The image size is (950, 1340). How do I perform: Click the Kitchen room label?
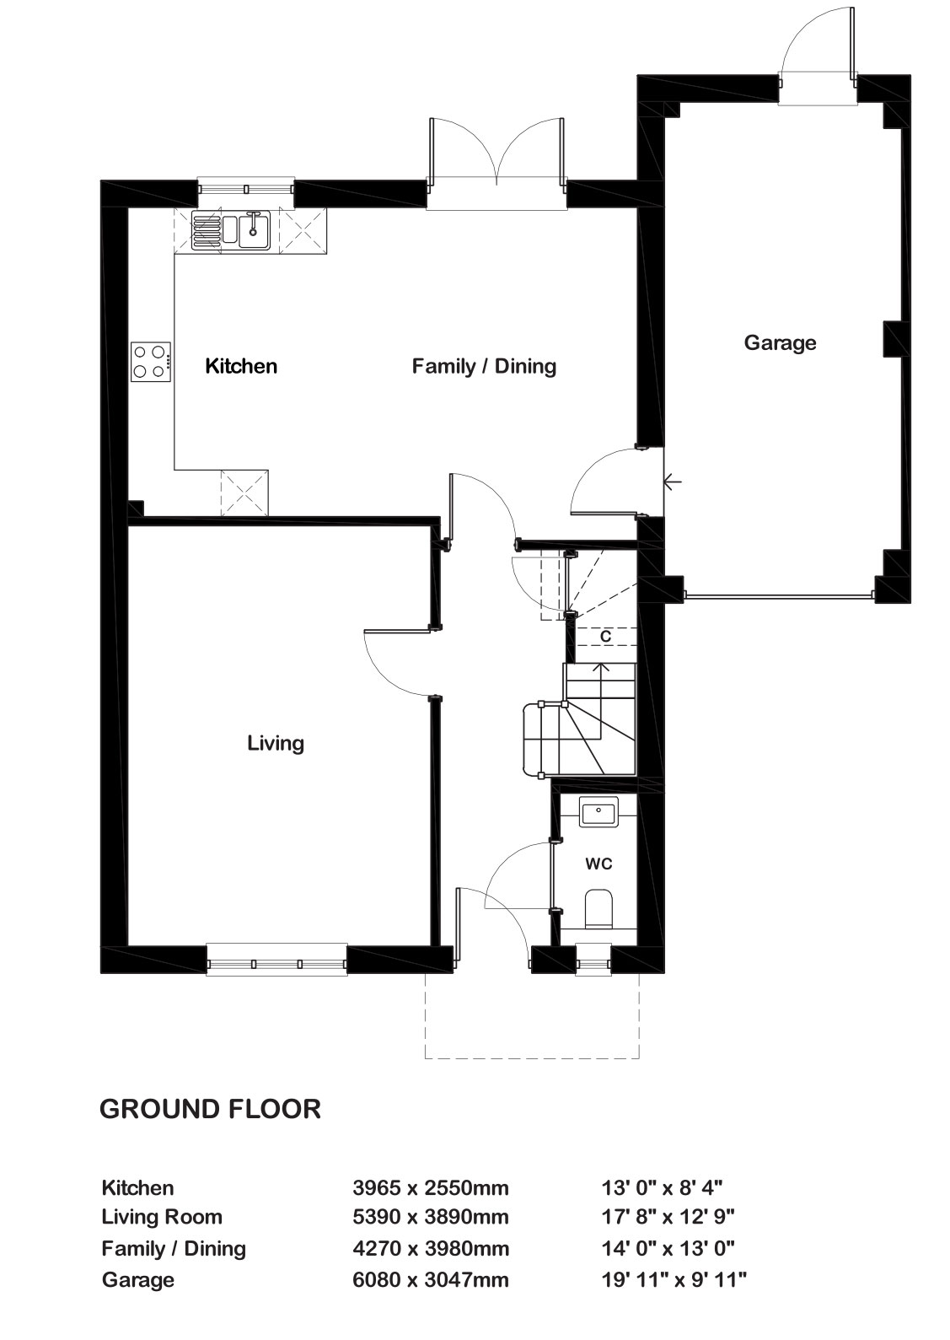241,365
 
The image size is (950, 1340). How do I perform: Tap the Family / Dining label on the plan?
484,366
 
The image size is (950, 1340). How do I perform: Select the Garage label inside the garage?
780,342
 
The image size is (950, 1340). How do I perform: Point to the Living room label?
276,744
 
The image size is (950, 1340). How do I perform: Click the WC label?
598,864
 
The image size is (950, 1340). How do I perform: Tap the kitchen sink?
231,229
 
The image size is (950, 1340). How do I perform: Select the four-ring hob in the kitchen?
151,361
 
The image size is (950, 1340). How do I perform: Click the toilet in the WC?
598,909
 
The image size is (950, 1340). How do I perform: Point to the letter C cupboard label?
605,637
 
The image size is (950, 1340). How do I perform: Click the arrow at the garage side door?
673,481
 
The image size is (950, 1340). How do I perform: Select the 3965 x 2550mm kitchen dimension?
431,1187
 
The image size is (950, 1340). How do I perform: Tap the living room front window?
276,960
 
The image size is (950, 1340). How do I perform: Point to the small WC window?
593,960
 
